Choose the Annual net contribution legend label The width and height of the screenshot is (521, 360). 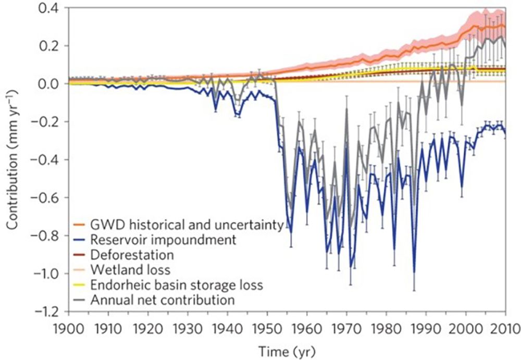(x=163, y=300)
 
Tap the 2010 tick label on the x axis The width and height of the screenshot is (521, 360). (x=505, y=329)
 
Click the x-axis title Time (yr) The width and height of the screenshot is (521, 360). (x=287, y=349)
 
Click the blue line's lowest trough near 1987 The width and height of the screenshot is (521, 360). (x=414, y=272)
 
